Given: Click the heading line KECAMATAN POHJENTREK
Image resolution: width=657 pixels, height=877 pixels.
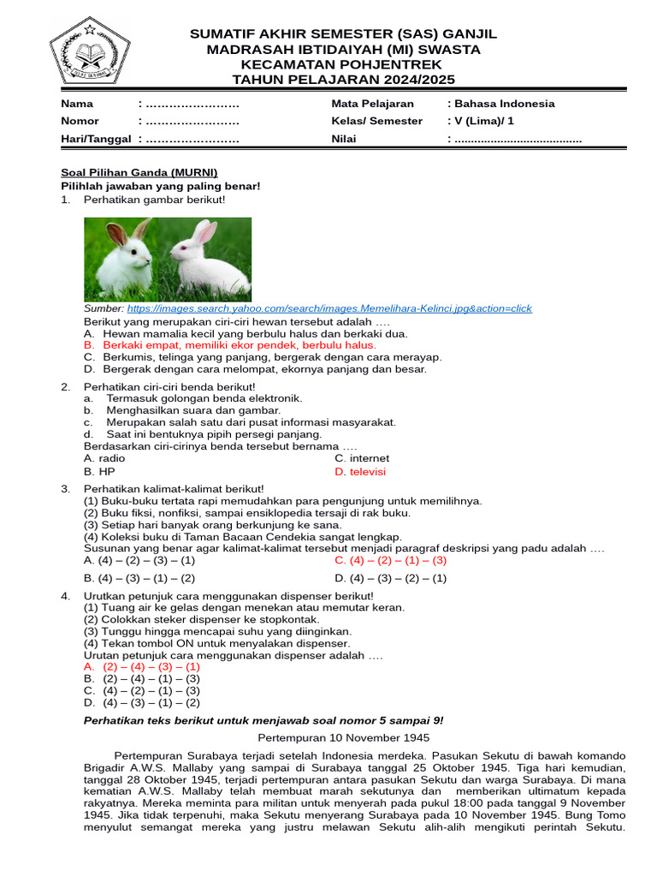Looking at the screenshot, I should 342,64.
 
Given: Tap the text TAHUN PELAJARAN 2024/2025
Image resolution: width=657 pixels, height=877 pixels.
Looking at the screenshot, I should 342,80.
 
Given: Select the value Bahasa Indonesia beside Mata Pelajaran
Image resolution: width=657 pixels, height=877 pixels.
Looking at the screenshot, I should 504,104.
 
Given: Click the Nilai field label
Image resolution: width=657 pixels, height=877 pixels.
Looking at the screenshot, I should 346,139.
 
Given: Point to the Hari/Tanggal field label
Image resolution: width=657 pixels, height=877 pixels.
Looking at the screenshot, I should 96,139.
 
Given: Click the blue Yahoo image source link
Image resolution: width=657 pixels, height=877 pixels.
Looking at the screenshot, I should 329,308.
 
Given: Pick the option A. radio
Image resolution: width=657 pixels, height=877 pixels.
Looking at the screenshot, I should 104,458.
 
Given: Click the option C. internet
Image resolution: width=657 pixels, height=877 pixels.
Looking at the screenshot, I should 362,458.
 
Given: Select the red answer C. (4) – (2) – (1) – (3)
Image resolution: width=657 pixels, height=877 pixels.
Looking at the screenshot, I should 391,560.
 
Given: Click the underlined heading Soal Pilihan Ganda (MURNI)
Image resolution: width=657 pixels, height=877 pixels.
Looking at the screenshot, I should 139,172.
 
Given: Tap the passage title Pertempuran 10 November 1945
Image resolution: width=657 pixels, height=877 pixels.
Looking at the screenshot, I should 344,737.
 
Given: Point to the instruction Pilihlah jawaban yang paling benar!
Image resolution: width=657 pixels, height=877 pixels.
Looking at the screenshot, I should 160,186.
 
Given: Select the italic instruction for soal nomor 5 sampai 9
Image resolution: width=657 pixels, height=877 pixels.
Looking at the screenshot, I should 263,720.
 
